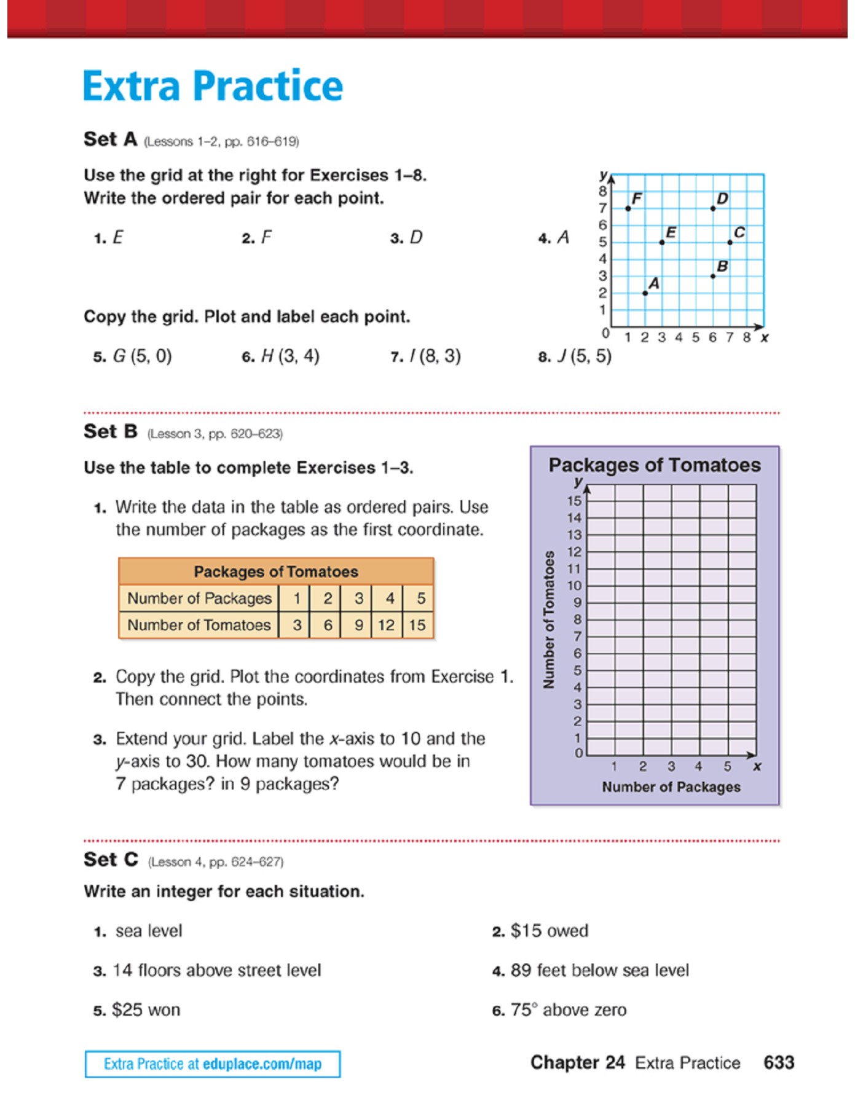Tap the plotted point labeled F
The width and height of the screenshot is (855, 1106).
click(628, 208)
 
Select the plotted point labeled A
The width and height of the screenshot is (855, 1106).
click(645, 293)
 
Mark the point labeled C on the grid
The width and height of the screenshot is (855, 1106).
click(730, 242)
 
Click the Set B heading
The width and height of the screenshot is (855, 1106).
click(111, 431)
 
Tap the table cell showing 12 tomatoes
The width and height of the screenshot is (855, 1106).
click(387, 625)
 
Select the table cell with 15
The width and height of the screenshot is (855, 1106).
click(417, 625)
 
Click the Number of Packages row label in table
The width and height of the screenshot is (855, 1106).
click(199, 598)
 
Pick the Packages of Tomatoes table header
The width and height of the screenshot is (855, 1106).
click(276, 571)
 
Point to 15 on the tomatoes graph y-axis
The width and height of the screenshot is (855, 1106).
click(574, 501)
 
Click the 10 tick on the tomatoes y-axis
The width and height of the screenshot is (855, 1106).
click(574, 586)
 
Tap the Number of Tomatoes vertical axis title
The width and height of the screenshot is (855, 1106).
click(549, 619)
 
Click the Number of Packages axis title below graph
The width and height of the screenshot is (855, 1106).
click(671, 786)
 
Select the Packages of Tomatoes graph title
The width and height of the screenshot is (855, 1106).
click(655, 465)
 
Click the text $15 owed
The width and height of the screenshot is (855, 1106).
click(549, 931)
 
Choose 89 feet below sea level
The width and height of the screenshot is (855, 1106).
click(599, 970)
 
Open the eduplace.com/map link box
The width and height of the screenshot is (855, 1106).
click(213, 1064)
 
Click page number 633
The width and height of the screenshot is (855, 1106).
click(779, 1062)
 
